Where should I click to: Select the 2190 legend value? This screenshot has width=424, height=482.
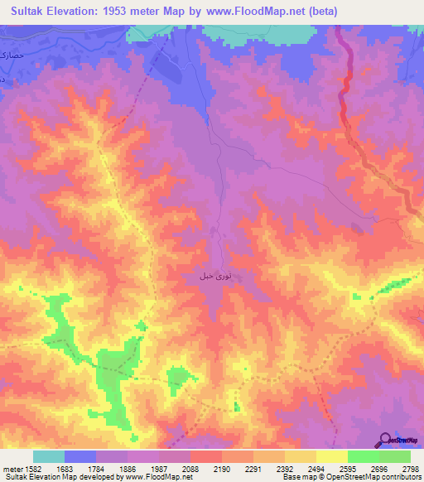pyautogui.click(x=222, y=469)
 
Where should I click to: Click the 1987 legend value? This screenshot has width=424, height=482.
pyautogui.click(x=159, y=469)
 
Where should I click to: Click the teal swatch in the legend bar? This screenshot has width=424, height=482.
pyautogui.click(x=49, y=456)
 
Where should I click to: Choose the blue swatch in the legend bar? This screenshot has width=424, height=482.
pyautogui.click(x=80, y=456)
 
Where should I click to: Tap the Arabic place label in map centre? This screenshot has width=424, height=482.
pyautogui.click(x=212, y=274)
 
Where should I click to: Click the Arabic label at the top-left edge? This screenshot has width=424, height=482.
pyautogui.click(x=6, y=58)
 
